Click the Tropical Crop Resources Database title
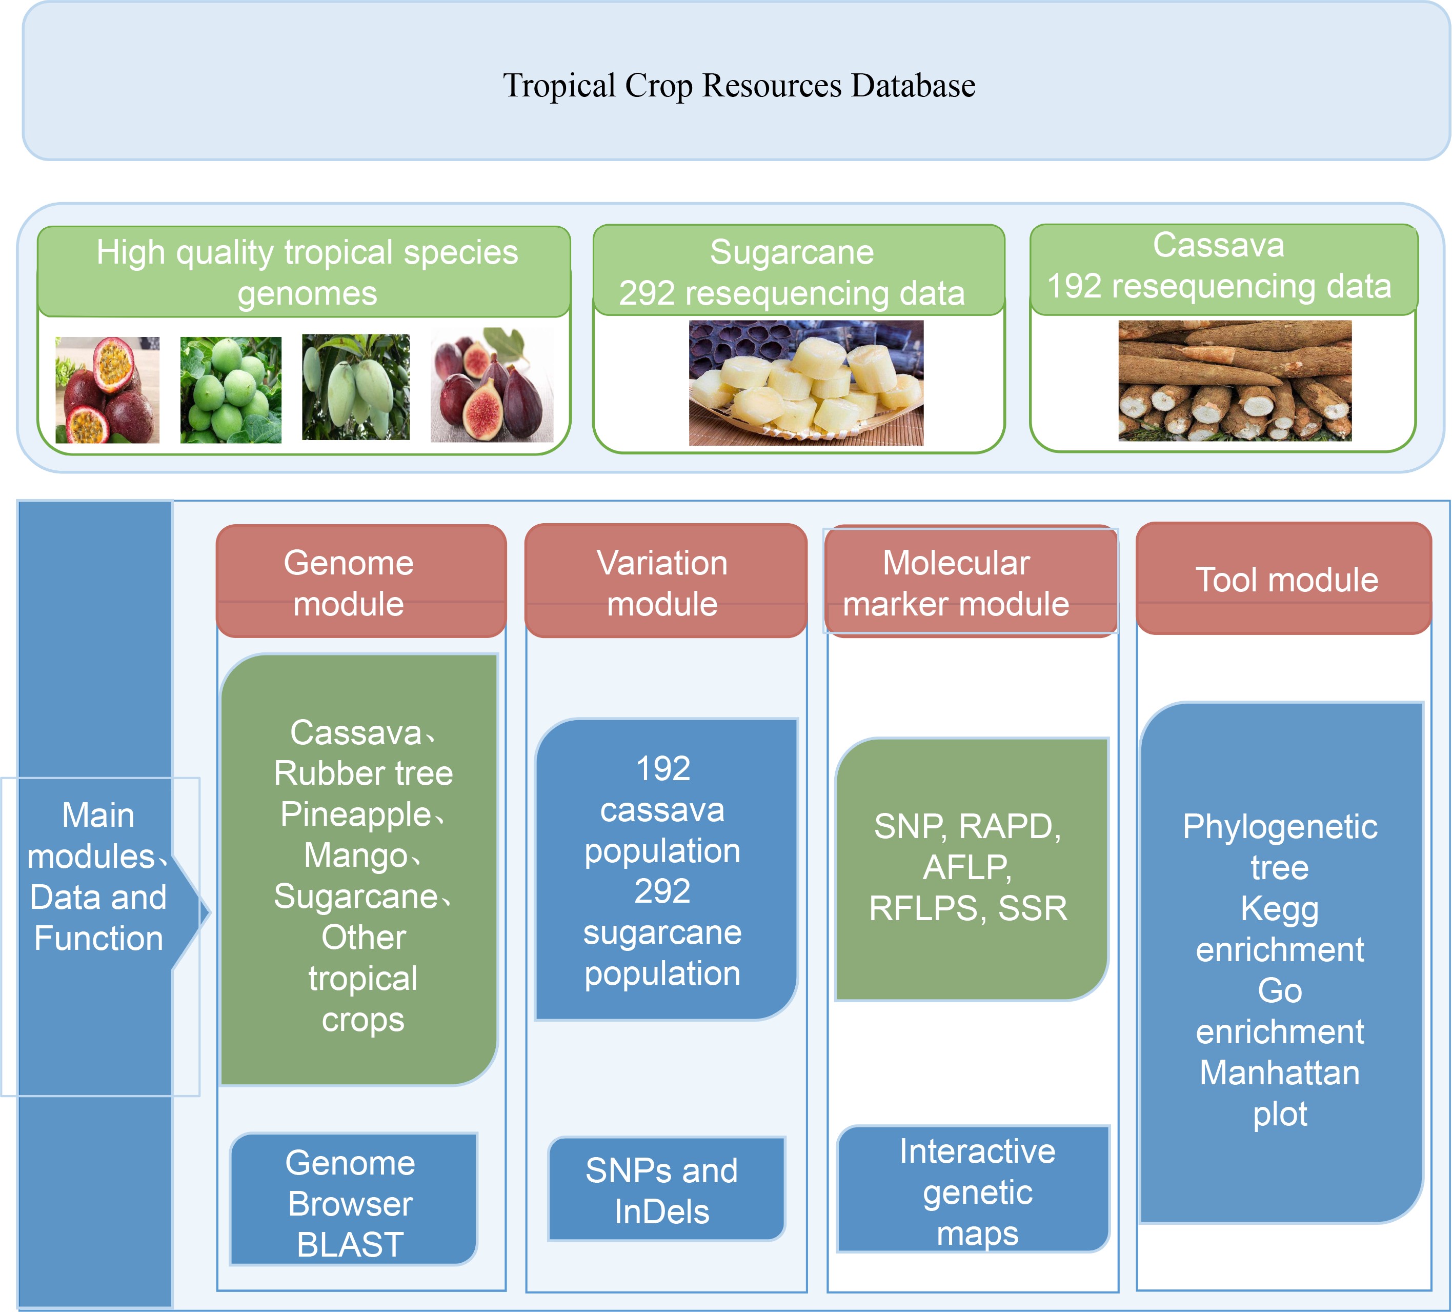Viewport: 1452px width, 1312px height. (x=738, y=85)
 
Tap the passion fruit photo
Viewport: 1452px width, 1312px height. (x=107, y=390)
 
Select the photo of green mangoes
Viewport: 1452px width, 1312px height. (x=356, y=387)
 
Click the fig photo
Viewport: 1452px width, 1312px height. (x=492, y=385)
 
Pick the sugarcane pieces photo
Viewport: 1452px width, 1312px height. (x=805, y=383)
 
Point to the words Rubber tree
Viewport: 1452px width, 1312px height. (x=363, y=773)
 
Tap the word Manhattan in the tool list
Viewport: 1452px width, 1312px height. (x=1279, y=1073)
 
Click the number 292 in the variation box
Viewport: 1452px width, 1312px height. (x=662, y=891)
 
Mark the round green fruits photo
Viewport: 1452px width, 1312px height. (x=231, y=390)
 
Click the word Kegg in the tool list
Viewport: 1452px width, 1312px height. (x=1279, y=908)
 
